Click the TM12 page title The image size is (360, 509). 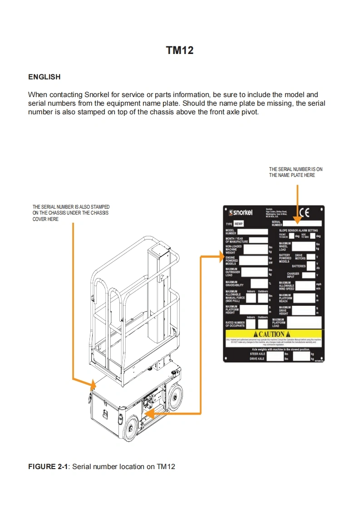180,50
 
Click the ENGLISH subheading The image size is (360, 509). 44,77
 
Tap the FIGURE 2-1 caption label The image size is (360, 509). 48,466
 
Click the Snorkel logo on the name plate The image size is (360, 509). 241,212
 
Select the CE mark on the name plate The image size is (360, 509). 304,211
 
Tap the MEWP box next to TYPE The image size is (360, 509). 239,224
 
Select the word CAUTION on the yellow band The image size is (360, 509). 272,334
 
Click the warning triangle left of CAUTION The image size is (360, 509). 255,334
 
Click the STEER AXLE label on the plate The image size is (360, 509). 257,354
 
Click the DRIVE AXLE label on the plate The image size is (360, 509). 257,359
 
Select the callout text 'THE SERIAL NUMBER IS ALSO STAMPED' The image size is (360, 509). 71,207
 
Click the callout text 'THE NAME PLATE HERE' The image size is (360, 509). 292,175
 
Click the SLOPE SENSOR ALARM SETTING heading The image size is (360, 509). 298,230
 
